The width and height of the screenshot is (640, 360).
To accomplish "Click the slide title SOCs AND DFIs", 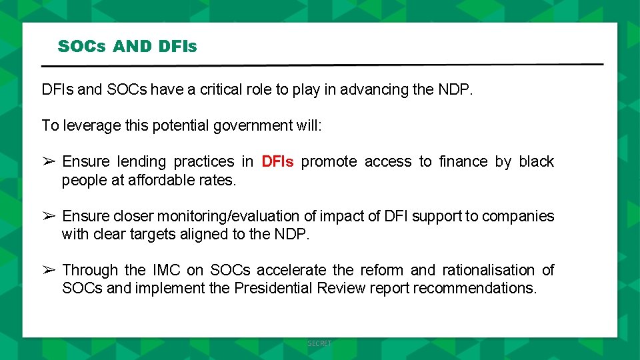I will pos(127,47).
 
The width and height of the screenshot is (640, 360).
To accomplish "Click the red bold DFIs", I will pos(277,161).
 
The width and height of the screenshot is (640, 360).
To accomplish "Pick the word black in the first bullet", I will pos(536,161).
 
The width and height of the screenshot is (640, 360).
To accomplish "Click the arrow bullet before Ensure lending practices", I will pos(49,161).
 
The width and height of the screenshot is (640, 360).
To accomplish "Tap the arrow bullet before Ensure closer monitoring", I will pos(49,216).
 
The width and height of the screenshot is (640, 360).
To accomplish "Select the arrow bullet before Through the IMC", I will pos(49,270).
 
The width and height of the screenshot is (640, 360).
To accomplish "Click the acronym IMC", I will pos(167,270).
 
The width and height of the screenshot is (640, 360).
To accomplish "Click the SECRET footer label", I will pos(319,343).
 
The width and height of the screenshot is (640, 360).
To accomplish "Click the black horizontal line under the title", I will pos(322,65).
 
